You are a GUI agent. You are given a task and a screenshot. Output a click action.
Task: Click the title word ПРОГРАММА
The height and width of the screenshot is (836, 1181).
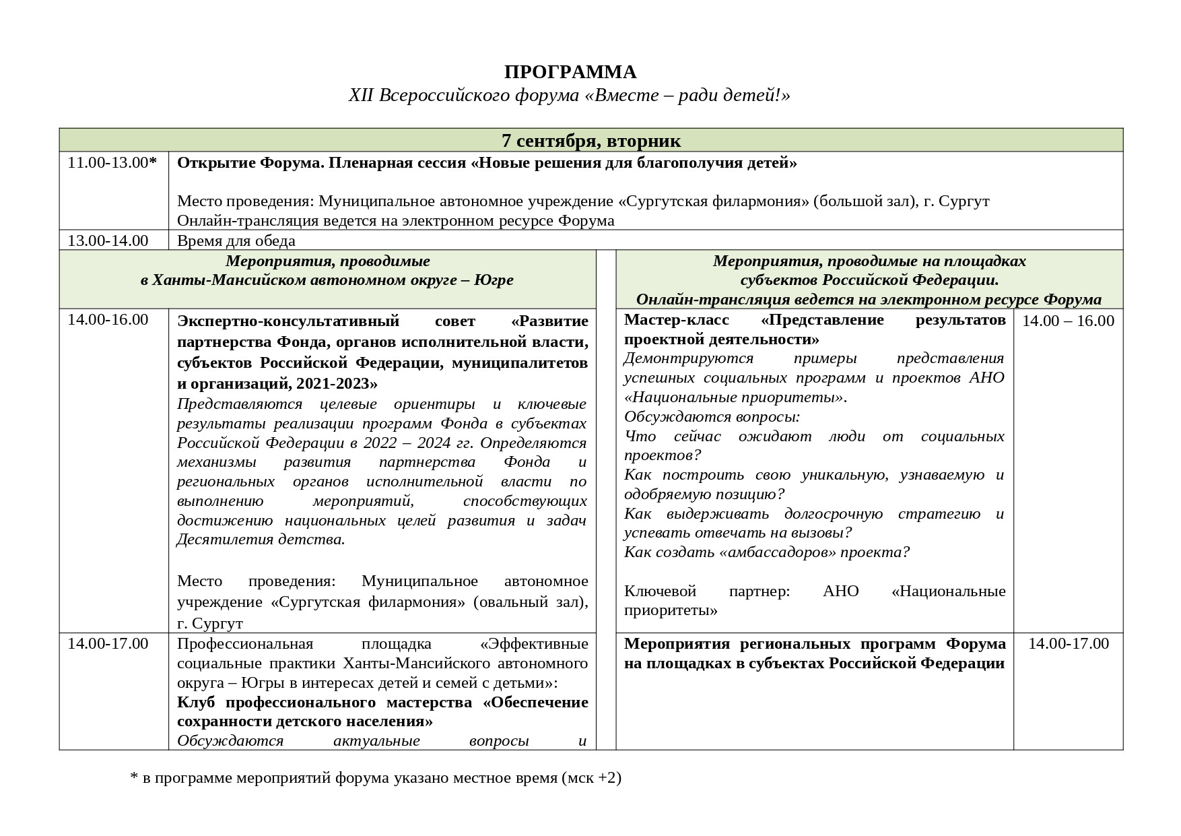click(570, 72)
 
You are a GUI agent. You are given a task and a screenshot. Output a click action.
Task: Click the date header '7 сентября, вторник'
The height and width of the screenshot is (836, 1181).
click(590, 141)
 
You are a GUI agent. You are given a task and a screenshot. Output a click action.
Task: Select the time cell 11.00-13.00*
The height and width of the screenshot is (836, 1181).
click(112, 163)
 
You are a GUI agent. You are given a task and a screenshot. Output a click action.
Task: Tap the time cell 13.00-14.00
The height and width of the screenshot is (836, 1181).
click(108, 240)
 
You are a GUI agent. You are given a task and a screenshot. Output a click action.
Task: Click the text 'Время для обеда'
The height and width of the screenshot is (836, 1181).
click(236, 240)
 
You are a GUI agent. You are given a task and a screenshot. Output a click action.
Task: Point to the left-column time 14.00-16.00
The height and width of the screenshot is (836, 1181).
click(108, 320)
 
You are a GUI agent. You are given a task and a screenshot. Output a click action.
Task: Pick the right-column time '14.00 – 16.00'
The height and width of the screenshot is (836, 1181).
click(1068, 321)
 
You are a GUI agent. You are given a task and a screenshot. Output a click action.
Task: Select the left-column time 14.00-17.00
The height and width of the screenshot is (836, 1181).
click(108, 643)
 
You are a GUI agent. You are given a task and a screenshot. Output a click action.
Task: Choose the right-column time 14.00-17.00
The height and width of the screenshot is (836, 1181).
click(1068, 643)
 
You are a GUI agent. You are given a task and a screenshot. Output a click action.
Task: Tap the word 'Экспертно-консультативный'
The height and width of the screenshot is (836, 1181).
click(288, 321)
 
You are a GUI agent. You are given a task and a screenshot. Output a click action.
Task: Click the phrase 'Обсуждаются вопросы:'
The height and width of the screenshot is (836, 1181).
click(712, 416)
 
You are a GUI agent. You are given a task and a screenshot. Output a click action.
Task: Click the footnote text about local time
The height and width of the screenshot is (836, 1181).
click(375, 778)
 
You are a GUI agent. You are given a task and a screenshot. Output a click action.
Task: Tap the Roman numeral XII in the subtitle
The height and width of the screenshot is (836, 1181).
click(362, 96)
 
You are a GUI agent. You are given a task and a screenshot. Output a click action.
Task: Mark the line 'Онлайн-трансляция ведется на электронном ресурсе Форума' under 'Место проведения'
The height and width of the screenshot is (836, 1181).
click(395, 221)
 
